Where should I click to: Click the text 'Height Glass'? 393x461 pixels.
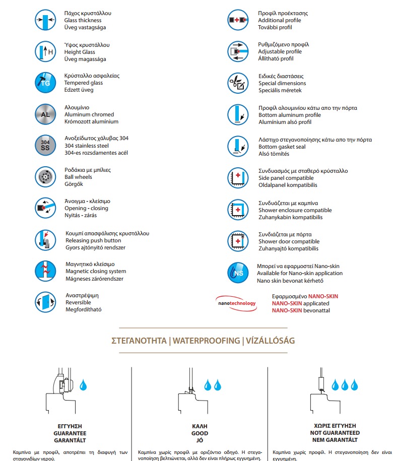[80, 52]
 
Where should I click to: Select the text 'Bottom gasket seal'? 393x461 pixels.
[282, 147]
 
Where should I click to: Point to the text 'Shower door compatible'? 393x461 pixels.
[289, 241]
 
